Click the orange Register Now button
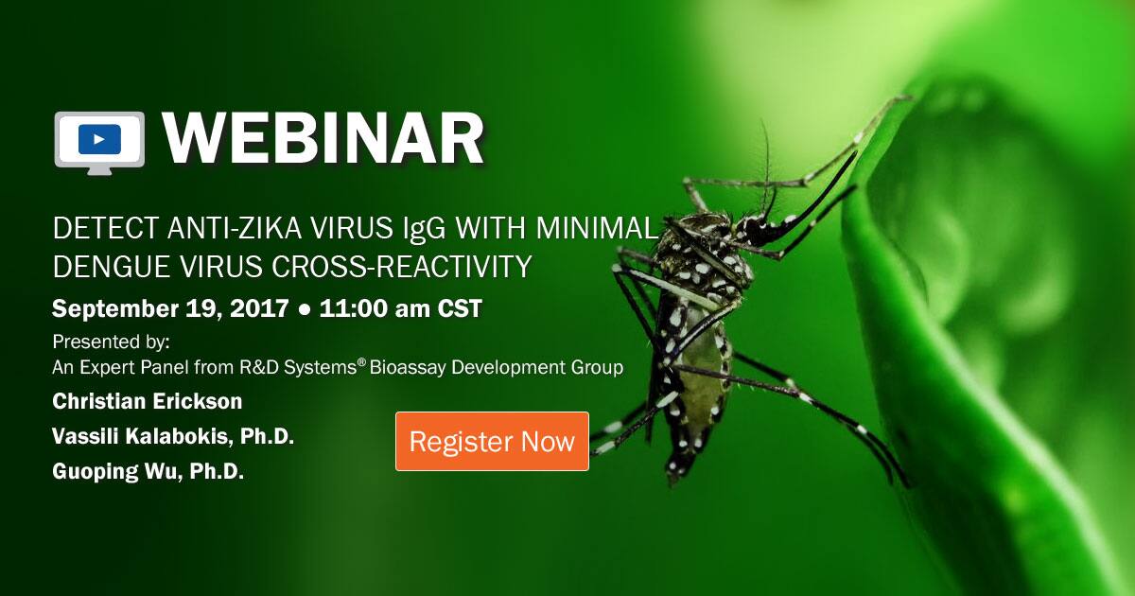pos(492,442)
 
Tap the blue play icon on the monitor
pos(100,139)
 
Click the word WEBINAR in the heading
pos(323,139)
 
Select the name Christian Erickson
pos(148,401)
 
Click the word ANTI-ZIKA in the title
pos(236,228)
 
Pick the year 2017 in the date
pos(259,308)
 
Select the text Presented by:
pos(111,342)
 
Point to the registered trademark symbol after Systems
pos(361,363)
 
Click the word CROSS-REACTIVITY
pos(402,266)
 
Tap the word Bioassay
pos(408,367)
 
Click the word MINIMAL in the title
pos(597,228)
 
